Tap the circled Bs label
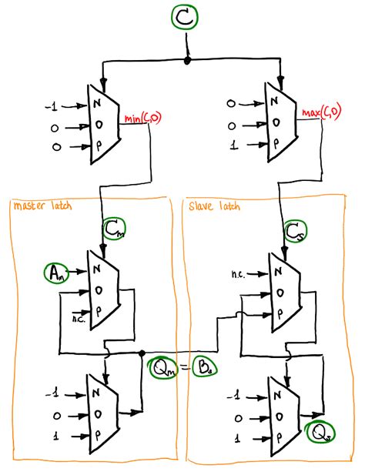[203, 368]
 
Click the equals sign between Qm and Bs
[183, 368]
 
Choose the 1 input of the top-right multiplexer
[233, 143]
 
